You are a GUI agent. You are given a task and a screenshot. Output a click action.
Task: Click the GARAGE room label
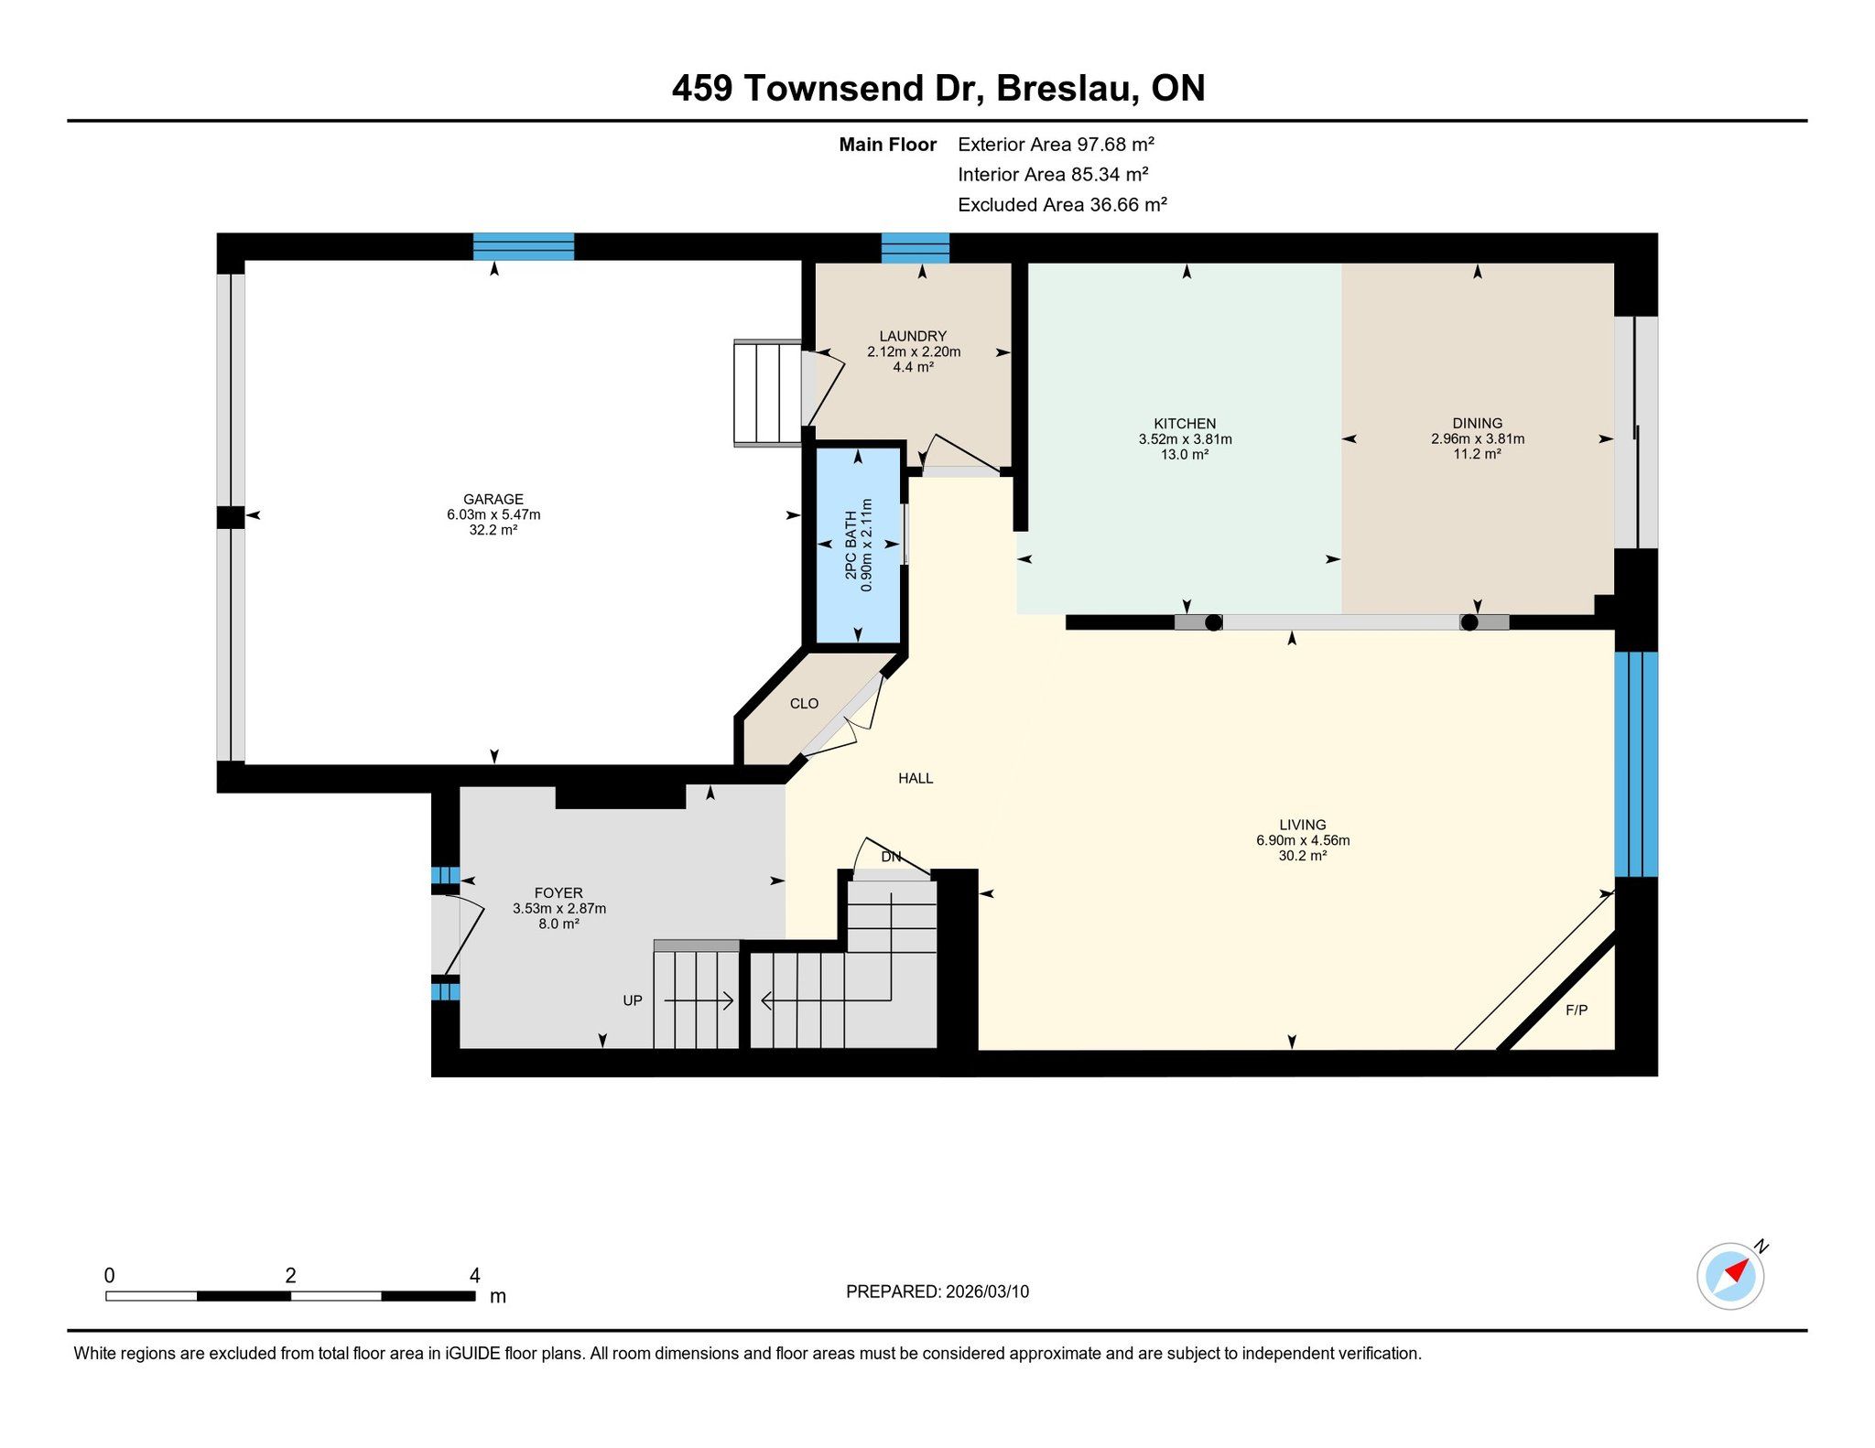[x=493, y=499]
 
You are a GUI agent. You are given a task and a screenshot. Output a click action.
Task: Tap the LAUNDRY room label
[x=913, y=336]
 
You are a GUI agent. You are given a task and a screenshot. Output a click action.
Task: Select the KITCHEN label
[x=1185, y=424]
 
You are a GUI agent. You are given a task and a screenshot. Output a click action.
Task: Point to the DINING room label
[x=1477, y=423]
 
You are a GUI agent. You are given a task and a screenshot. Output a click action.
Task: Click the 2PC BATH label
[x=851, y=545]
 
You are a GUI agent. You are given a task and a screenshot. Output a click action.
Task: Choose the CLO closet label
[x=804, y=704]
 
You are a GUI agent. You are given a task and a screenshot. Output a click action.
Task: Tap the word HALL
[x=916, y=778]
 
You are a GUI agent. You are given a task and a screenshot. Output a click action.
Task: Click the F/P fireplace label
[x=1577, y=1010]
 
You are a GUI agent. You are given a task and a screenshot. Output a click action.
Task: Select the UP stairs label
[x=633, y=1000]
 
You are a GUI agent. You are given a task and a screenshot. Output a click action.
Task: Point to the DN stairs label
[x=891, y=857]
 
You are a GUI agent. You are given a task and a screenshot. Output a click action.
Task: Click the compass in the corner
[x=1730, y=1276]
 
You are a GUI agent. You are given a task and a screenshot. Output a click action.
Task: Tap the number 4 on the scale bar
[x=474, y=1275]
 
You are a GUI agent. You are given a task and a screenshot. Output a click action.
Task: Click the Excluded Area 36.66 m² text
[x=1062, y=204]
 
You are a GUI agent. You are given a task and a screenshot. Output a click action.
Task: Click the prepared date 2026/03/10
[x=987, y=1291]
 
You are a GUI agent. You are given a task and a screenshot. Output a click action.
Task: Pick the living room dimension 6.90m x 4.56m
[x=1303, y=840]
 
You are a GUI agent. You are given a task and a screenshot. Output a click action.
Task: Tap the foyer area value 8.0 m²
[x=558, y=924]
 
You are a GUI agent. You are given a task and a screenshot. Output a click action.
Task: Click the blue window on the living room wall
[x=1636, y=764]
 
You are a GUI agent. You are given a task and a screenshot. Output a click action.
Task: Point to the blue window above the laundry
[x=916, y=248]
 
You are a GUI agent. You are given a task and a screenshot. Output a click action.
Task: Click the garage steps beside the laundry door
[x=768, y=394]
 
